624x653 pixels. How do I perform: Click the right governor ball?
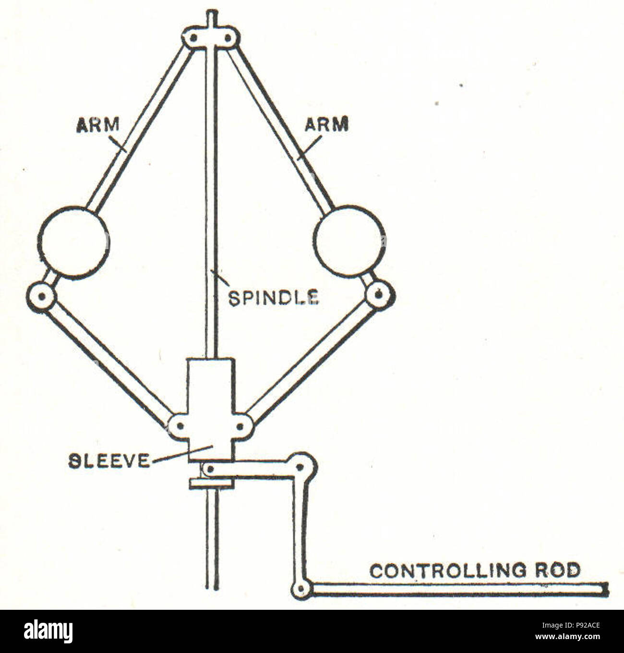tap(349, 242)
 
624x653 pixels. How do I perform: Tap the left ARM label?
tap(97, 125)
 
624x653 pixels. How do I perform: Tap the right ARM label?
tap(326, 124)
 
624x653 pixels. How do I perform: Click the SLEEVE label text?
tap(108, 461)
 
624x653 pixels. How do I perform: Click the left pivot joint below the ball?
tap(42, 296)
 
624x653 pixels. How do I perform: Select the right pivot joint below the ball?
tap(380, 295)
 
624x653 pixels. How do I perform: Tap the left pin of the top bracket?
tap(193, 37)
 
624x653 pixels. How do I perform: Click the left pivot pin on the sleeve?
tap(180, 426)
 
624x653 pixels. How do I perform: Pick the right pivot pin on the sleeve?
tap(240, 426)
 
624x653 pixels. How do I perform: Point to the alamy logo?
tap(48, 631)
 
